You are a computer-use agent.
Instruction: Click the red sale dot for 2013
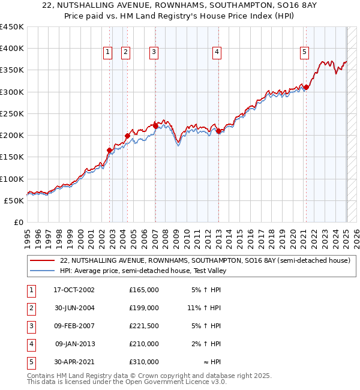[x=219, y=131]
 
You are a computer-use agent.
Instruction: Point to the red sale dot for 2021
[x=307, y=88]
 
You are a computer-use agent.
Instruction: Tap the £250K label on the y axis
[x=12, y=113]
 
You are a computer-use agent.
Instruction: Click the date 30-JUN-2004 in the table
[x=74, y=308]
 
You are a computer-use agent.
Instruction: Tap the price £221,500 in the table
[x=143, y=326]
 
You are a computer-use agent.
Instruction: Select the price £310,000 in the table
[x=143, y=362]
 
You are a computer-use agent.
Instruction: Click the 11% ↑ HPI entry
[x=204, y=308]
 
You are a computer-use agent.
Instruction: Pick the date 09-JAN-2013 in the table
[x=74, y=344]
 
